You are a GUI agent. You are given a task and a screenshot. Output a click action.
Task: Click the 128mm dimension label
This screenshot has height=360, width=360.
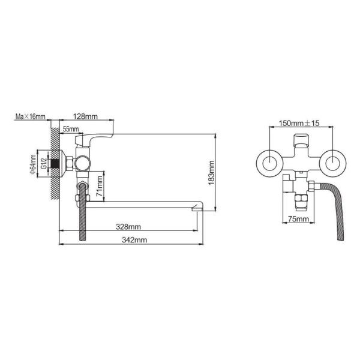(x=88, y=117)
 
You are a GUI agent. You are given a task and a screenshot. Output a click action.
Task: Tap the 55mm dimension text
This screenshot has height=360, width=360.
(x=70, y=129)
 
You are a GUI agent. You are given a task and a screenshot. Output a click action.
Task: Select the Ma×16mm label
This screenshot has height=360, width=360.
(x=31, y=117)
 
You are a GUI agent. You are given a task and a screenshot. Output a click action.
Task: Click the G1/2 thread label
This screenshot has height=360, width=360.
(x=44, y=161)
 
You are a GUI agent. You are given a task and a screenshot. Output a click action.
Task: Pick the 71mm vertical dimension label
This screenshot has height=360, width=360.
(x=100, y=187)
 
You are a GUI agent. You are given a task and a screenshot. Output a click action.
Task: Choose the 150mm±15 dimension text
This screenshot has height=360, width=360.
(x=301, y=124)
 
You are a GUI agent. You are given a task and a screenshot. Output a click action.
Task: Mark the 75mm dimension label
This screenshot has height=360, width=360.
(x=298, y=220)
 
